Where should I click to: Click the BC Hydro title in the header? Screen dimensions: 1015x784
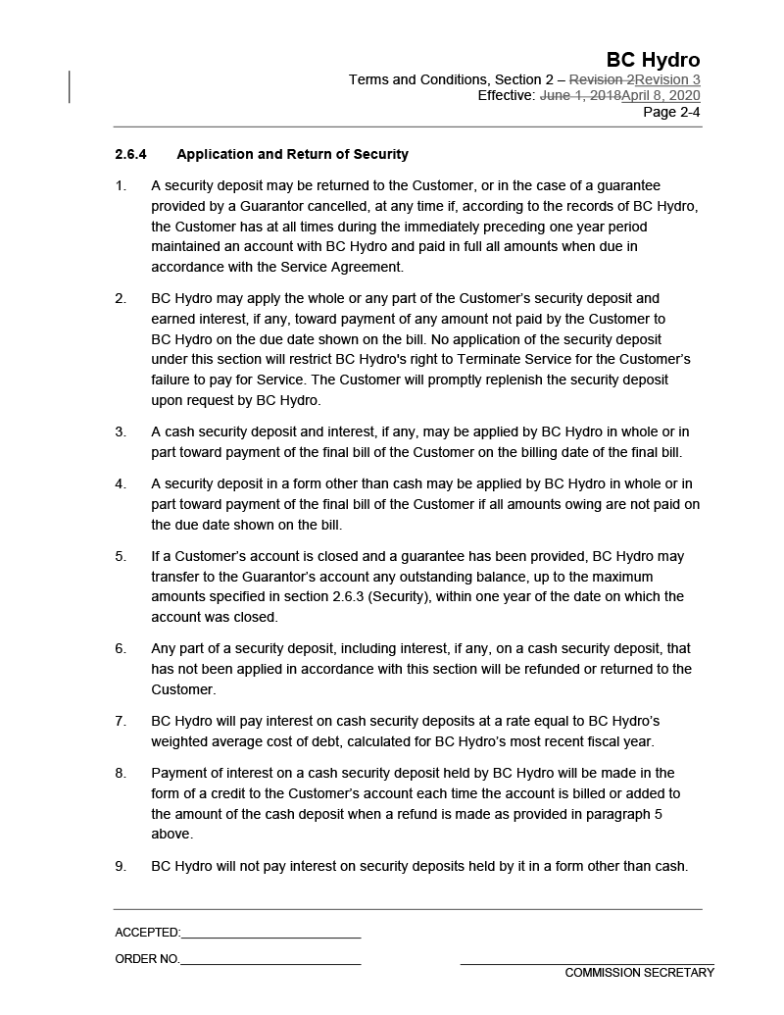[653, 60]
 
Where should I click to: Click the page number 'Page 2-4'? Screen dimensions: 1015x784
[671, 112]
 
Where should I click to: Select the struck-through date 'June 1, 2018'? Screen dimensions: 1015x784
[580, 96]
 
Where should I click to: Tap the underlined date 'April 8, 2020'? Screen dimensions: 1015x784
[661, 96]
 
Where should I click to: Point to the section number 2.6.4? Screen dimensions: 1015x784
[130, 155]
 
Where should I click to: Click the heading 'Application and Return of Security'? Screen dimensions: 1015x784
[292, 155]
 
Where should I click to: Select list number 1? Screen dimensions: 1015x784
[121, 185]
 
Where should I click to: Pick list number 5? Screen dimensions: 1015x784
[121, 556]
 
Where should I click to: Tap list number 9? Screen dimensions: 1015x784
[121, 866]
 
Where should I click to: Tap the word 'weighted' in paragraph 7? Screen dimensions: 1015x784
[179, 741]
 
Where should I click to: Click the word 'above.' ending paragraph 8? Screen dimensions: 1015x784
[171, 835]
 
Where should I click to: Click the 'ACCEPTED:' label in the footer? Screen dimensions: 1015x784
[147, 933]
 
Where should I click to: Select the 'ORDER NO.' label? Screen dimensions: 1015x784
[147, 959]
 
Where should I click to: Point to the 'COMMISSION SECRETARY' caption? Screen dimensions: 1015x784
[639, 973]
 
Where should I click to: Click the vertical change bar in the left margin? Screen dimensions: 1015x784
[70, 86]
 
